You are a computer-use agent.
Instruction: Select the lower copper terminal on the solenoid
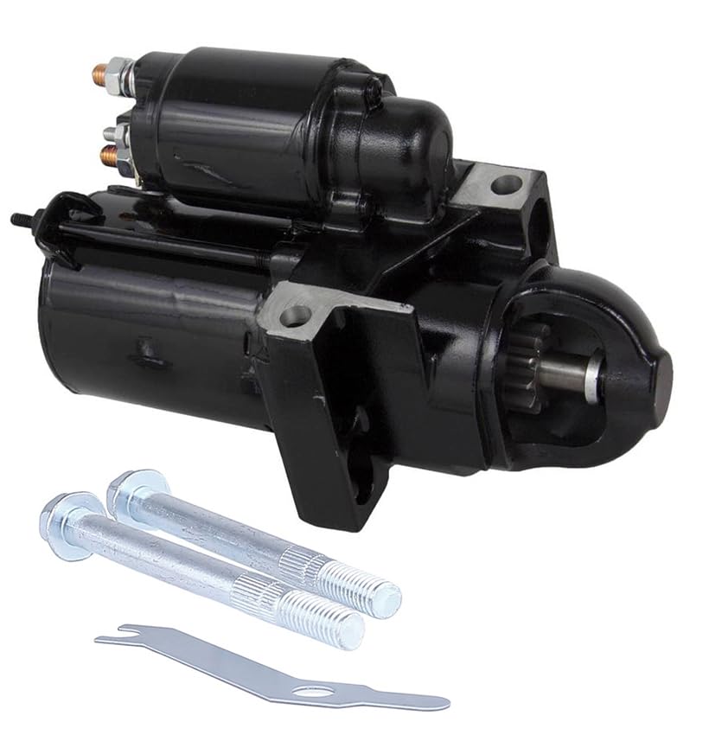[109, 156]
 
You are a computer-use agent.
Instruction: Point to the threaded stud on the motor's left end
[19, 219]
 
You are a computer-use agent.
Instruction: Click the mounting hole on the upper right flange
[507, 183]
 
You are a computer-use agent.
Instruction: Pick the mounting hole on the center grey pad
[295, 316]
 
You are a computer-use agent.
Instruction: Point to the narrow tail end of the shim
[437, 702]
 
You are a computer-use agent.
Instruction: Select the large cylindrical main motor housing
[147, 337]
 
